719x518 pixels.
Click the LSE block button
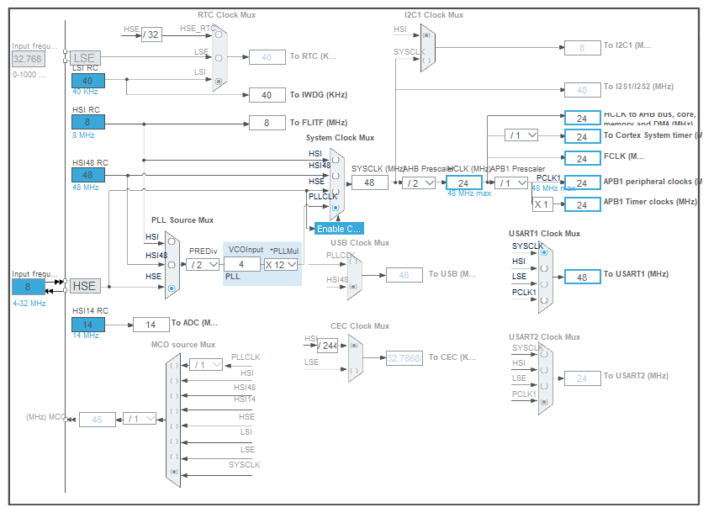click(84, 58)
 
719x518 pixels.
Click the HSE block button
click(84, 286)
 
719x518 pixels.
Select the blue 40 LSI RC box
click(87, 81)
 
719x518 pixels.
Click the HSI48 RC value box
click(87, 175)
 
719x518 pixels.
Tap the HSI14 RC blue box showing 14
click(87, 324)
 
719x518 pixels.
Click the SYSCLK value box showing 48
click(369, 182)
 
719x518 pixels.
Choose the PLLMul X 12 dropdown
click(281, 264)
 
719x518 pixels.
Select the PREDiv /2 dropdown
click(203, 264)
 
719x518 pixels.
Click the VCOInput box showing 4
click(242, 264)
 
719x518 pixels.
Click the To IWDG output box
click(267, 95)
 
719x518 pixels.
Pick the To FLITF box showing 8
click(267, 123)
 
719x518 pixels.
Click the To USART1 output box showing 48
click(582, 277)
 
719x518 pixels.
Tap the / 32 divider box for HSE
click(151, 34)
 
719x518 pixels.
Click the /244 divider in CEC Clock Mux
click(327, 345)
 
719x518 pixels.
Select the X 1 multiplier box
click(542, 203)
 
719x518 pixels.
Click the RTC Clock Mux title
click(226, 14)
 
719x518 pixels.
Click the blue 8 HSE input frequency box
click(28, 286)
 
